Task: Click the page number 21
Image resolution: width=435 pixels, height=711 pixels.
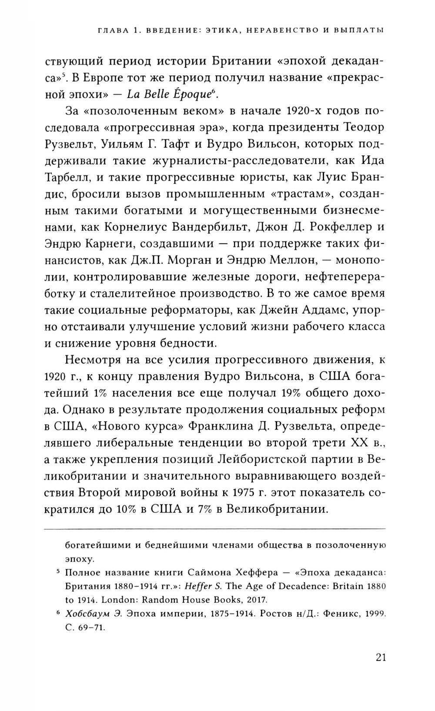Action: coord(380,657)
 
